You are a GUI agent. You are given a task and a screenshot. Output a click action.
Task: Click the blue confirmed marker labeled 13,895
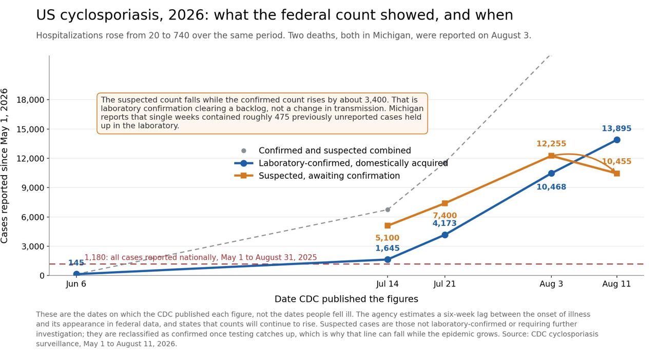(x=617, y=140)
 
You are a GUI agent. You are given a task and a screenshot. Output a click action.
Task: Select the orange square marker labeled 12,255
(x=551, y=156)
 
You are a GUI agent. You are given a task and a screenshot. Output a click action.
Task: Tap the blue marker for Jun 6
(x=76, y=274)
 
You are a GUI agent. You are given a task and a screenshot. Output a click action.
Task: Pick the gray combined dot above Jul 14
(x=388, y=210)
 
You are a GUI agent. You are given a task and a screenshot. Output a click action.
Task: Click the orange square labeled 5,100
(x=388, y=225)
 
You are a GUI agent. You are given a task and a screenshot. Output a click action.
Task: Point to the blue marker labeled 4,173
(x=445, y=235)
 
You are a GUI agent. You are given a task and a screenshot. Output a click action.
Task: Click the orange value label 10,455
(x=616, y=161)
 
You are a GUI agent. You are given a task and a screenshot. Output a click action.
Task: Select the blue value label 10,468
(x=551, y=187)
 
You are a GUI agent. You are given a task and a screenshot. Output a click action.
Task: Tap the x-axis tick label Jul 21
(x=445, y=283)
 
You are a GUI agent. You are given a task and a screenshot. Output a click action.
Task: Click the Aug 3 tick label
(x=551, y=283)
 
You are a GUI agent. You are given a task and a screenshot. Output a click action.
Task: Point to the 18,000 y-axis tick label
(x=30, y=100)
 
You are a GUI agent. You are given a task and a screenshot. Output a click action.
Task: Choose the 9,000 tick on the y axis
(x=32, y=187)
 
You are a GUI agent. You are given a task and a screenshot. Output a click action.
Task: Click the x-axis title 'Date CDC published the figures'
(x=346, y=299)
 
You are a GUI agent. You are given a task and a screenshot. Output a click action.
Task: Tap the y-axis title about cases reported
(x=4, y=166)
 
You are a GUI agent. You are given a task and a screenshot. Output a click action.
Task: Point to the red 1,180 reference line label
(x=201, y=257)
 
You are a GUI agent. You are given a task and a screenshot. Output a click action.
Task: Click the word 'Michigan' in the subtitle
(x=391, y=35)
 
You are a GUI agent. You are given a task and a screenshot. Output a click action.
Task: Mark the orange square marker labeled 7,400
(x=445, y=203)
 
